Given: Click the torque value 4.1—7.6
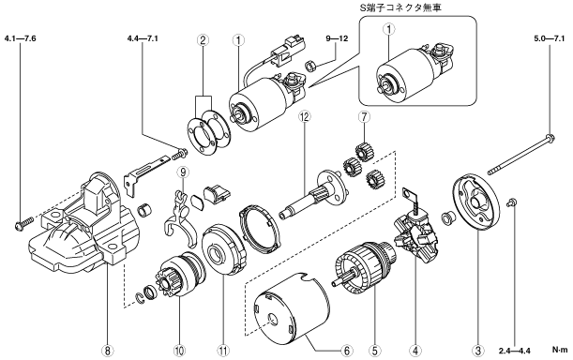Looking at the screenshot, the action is [x=21, y=38].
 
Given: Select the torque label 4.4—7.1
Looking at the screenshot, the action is [x=143, y=38].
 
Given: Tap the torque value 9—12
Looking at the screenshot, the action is [x=337, y=38].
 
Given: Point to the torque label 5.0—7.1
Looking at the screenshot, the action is [x=550, y=38].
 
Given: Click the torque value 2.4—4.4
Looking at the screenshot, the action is [x=514, y=352].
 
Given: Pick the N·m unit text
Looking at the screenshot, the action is [x=560, y=350].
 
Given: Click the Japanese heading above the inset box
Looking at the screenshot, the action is [x=400, y=7].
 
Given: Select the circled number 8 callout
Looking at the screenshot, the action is [x=107, y=352].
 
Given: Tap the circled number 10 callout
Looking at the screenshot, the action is [x=179, y=352].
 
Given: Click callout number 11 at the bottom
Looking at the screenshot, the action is [x=223, y=352].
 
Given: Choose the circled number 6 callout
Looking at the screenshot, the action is [x=347, y=352].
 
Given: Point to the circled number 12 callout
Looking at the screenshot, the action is [x=304, y=116].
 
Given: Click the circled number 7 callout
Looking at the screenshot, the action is [x=364, y=116].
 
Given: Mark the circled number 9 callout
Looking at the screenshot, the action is [x=183, y=172].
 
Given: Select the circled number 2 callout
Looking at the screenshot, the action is [x=204, y=39].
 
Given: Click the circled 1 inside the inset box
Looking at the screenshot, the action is [x=389, y=29].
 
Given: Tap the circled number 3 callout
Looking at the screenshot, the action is [x=477, y=352].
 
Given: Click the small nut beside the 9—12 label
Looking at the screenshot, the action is [x=309, y=67].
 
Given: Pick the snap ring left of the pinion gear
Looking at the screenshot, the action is [x=141, y=298].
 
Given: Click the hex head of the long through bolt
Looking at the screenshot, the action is [x=550, y=138].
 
